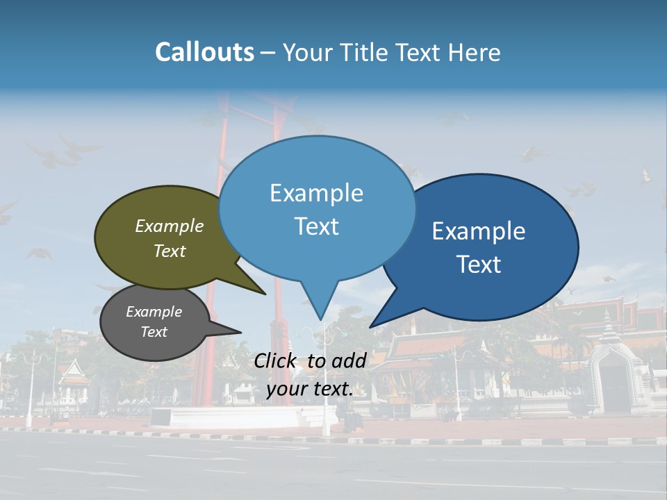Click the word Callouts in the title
[x=204, y=52]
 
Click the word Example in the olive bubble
[x=170, y=226]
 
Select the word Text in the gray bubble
[x=154, y=332]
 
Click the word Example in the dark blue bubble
[x=479, y=231]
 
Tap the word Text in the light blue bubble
[x=317, y=226]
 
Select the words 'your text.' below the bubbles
[x=310, y=389]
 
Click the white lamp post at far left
[x=29, y=389]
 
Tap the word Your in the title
[x=306, y=53]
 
